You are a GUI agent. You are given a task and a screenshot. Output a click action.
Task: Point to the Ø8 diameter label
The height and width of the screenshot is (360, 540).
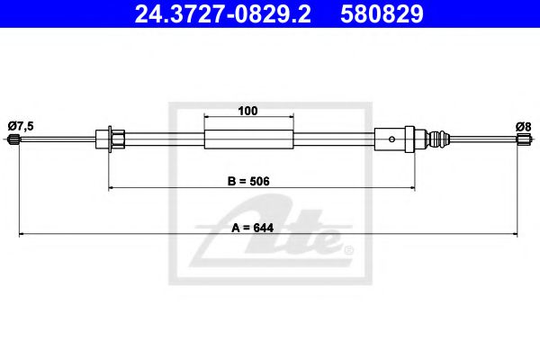[522, 126]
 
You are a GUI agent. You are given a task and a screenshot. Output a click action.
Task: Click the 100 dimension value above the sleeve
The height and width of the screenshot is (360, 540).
[248, 111]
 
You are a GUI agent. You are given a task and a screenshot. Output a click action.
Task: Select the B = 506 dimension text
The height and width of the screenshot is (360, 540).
[247, 180]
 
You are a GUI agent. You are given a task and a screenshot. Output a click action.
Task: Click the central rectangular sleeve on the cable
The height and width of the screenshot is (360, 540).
[249, 139]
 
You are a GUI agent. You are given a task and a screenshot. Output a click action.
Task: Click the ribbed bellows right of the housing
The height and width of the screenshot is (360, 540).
[436, 139]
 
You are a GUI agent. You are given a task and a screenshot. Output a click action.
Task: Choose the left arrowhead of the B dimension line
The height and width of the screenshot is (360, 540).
[112, 187]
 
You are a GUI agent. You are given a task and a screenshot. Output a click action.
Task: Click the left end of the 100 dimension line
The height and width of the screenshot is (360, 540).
[206, 118]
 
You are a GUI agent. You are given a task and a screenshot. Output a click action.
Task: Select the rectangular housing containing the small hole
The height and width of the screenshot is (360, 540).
[389, 139]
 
